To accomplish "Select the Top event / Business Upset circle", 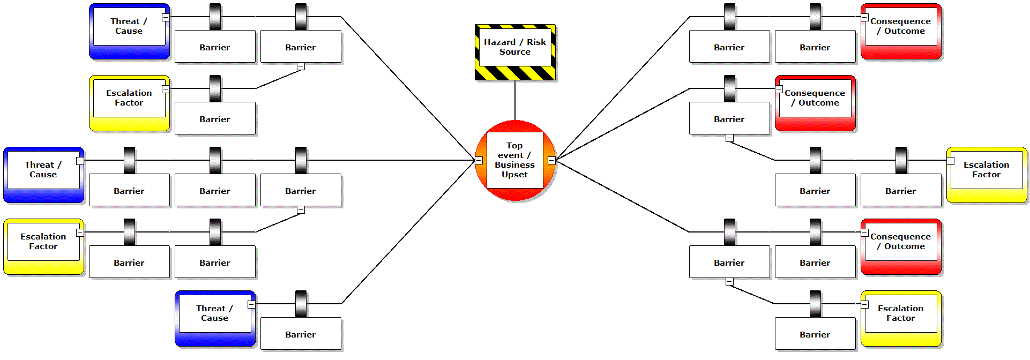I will [515, 160].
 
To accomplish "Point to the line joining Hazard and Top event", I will [515, 100].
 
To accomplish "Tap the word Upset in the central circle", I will [514, 175].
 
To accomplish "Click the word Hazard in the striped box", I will [499, 42].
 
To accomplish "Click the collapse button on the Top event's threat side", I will [479, 160].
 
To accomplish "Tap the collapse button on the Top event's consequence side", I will [551, 160].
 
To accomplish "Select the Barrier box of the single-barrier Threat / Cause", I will [301, 334].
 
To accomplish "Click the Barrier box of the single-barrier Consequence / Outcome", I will [729, 118].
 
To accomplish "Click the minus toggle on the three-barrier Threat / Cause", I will [80, 161].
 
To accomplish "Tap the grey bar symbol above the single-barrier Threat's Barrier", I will [301, 304].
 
